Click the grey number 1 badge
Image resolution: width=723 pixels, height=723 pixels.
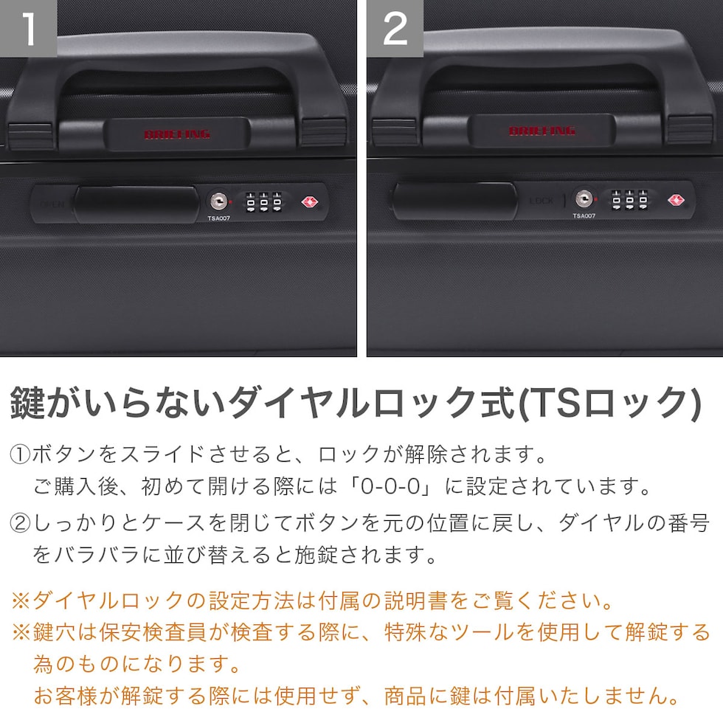28,28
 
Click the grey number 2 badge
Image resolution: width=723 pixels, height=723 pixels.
395,28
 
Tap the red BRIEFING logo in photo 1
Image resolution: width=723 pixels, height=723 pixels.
177,134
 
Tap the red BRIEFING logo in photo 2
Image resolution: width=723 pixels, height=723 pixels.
542,131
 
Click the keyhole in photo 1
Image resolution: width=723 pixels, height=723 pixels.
218,201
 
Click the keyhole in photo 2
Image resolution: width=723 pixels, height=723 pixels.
584,199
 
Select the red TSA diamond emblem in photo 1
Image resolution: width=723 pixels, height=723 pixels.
309,202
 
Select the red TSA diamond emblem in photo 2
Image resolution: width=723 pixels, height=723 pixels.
676,200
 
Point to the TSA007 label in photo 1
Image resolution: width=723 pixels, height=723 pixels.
218,218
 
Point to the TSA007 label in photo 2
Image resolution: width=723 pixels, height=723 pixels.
584,215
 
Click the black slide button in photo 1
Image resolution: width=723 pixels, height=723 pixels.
136,204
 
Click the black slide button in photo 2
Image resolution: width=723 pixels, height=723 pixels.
454,201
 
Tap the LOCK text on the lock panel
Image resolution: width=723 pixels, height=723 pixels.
541,201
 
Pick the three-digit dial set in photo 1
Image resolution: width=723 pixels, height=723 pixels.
264,202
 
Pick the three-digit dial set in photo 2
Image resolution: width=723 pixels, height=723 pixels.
630,200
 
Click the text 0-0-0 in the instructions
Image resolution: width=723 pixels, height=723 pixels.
390,486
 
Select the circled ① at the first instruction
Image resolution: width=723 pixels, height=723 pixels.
20,454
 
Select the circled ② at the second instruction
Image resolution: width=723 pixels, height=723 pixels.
20,524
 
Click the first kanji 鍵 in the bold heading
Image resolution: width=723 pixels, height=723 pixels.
28,403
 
